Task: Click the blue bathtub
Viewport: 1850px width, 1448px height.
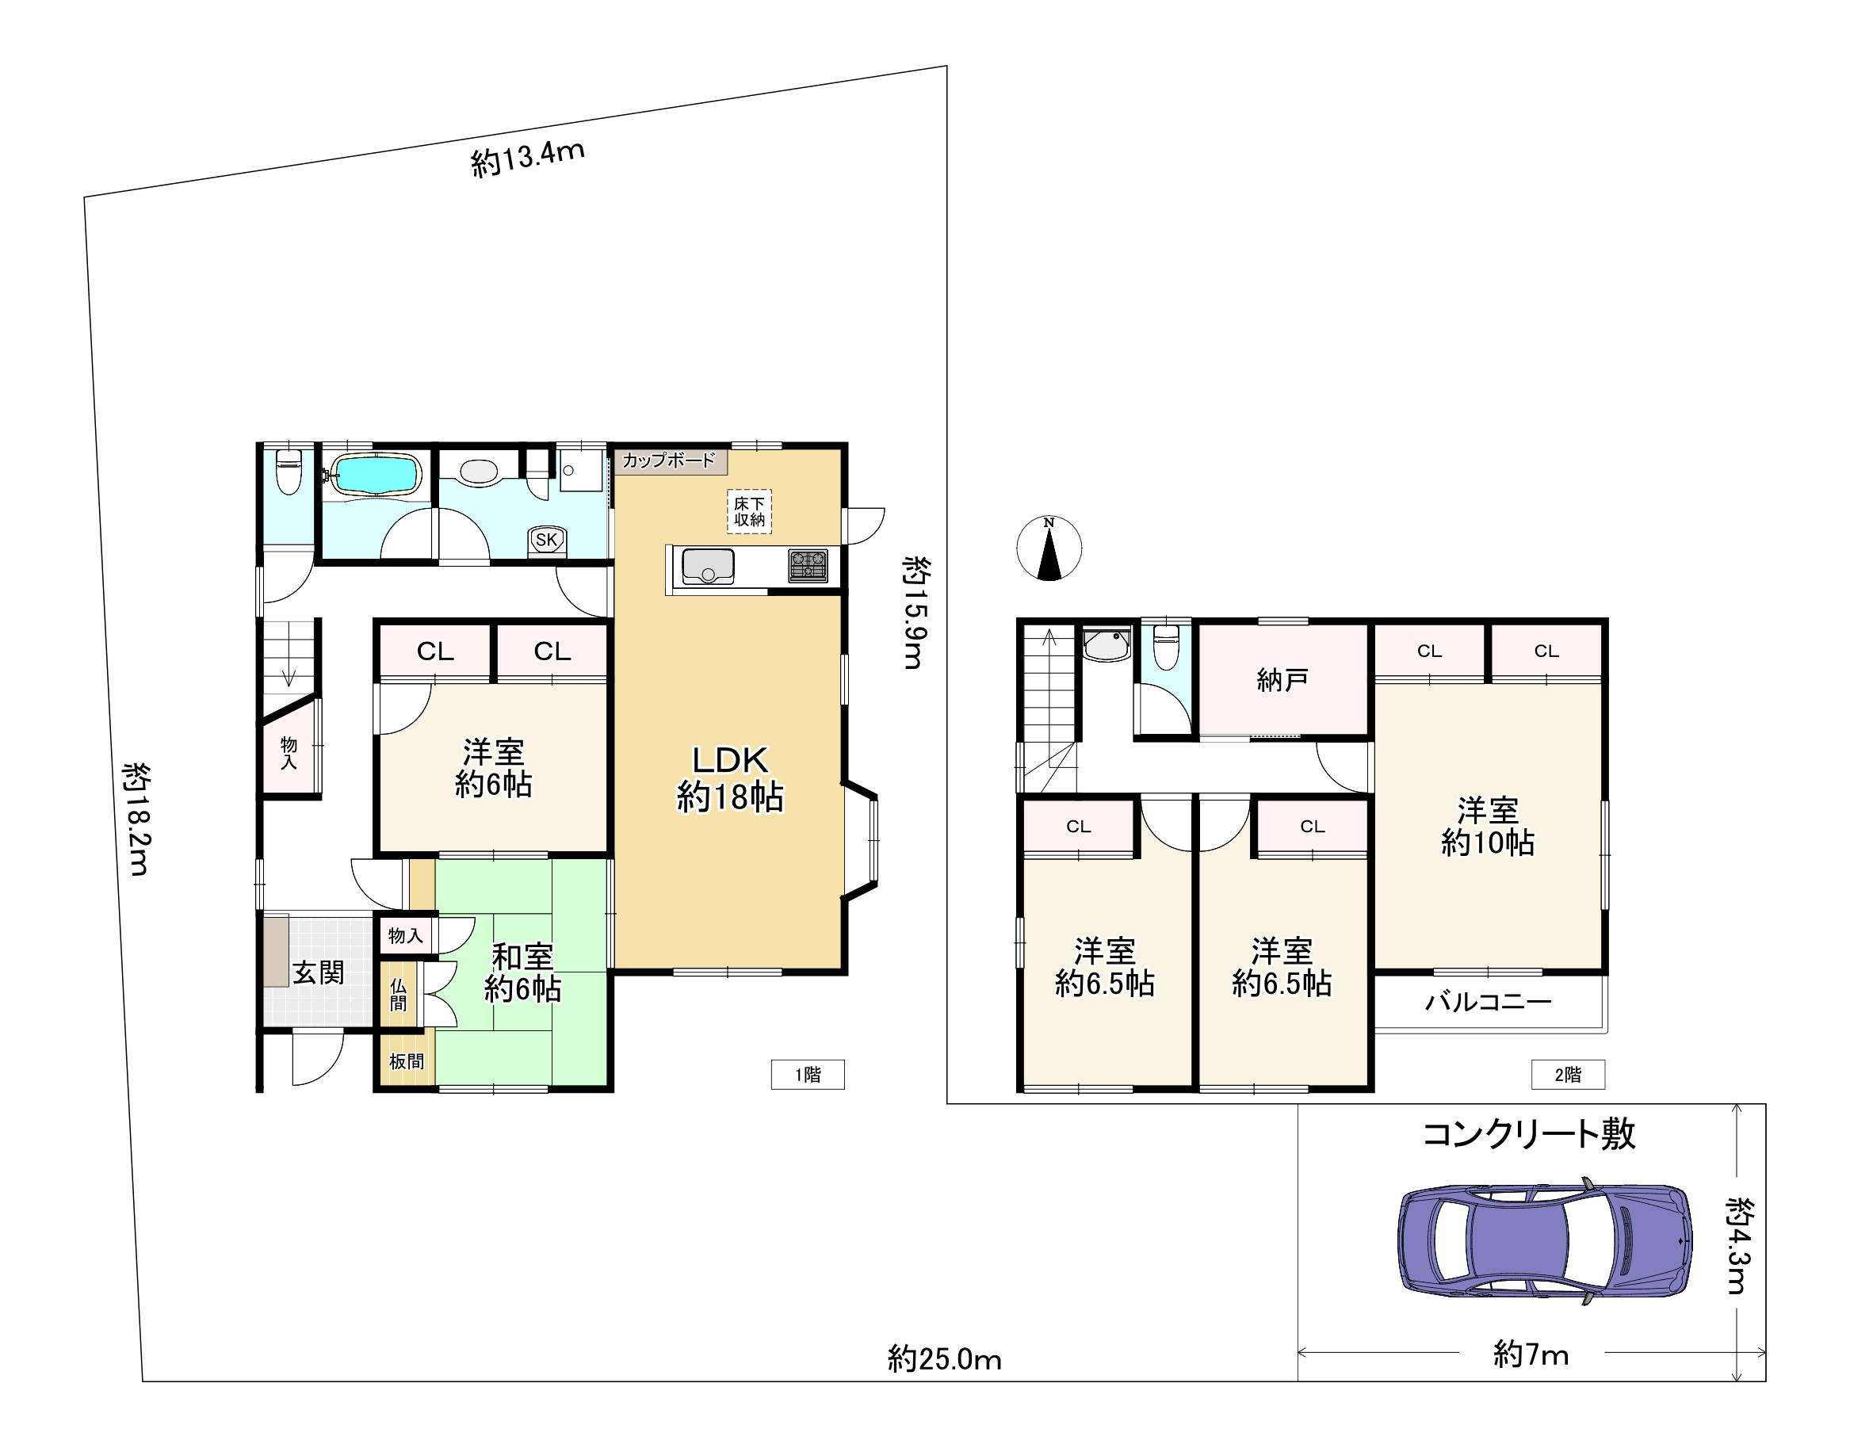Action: coord(376,475)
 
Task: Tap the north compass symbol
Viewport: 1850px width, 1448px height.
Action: coord(1049,548)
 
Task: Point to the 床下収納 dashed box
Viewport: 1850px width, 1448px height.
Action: coord(750,511)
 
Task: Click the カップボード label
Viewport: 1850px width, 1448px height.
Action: coord(669,461)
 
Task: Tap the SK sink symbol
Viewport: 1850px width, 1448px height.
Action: coord(546,540)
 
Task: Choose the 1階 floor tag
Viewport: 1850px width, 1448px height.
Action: coord(807,1075)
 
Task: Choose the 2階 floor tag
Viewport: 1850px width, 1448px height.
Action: coord(1568,1075)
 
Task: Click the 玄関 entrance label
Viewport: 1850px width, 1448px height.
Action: coord(318,972)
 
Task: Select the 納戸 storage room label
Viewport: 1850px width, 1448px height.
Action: coord(1282,680)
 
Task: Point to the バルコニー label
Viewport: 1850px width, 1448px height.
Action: coord(1488,1002)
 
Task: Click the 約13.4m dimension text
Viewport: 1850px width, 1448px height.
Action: coord(527,159)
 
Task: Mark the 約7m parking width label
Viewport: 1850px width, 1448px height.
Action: coord(1531,1354)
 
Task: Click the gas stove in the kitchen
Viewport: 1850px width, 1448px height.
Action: coord(807,565)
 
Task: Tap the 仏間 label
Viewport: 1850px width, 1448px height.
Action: coord(399,995)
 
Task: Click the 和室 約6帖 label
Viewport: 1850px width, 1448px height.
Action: coord(522,973)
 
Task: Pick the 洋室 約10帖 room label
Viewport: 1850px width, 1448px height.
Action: coord(1488,827)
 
